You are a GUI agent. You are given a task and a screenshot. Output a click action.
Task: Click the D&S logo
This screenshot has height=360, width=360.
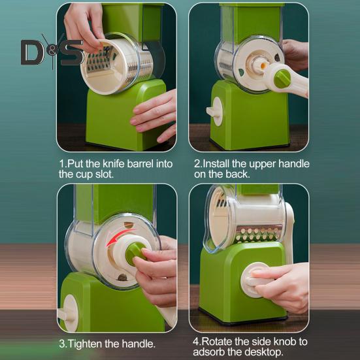[52, 52]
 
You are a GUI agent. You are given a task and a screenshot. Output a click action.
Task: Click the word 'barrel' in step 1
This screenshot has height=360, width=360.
[140, 164]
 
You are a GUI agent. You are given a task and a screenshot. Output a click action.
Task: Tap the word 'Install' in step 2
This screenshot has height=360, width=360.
[216, 164]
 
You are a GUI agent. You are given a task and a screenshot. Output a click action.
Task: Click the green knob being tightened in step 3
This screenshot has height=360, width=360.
[135, 254]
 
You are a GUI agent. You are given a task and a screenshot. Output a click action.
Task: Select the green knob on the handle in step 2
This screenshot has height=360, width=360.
[282, 79]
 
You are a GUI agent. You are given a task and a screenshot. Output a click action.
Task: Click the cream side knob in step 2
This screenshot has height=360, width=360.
[215, 111]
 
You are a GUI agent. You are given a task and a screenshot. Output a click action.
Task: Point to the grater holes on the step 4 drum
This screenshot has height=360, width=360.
[257, 234]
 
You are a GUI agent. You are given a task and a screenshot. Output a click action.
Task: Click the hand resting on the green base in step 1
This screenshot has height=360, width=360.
[153, 116]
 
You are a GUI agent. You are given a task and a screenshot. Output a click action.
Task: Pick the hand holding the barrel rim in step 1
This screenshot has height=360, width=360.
[84, 26]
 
